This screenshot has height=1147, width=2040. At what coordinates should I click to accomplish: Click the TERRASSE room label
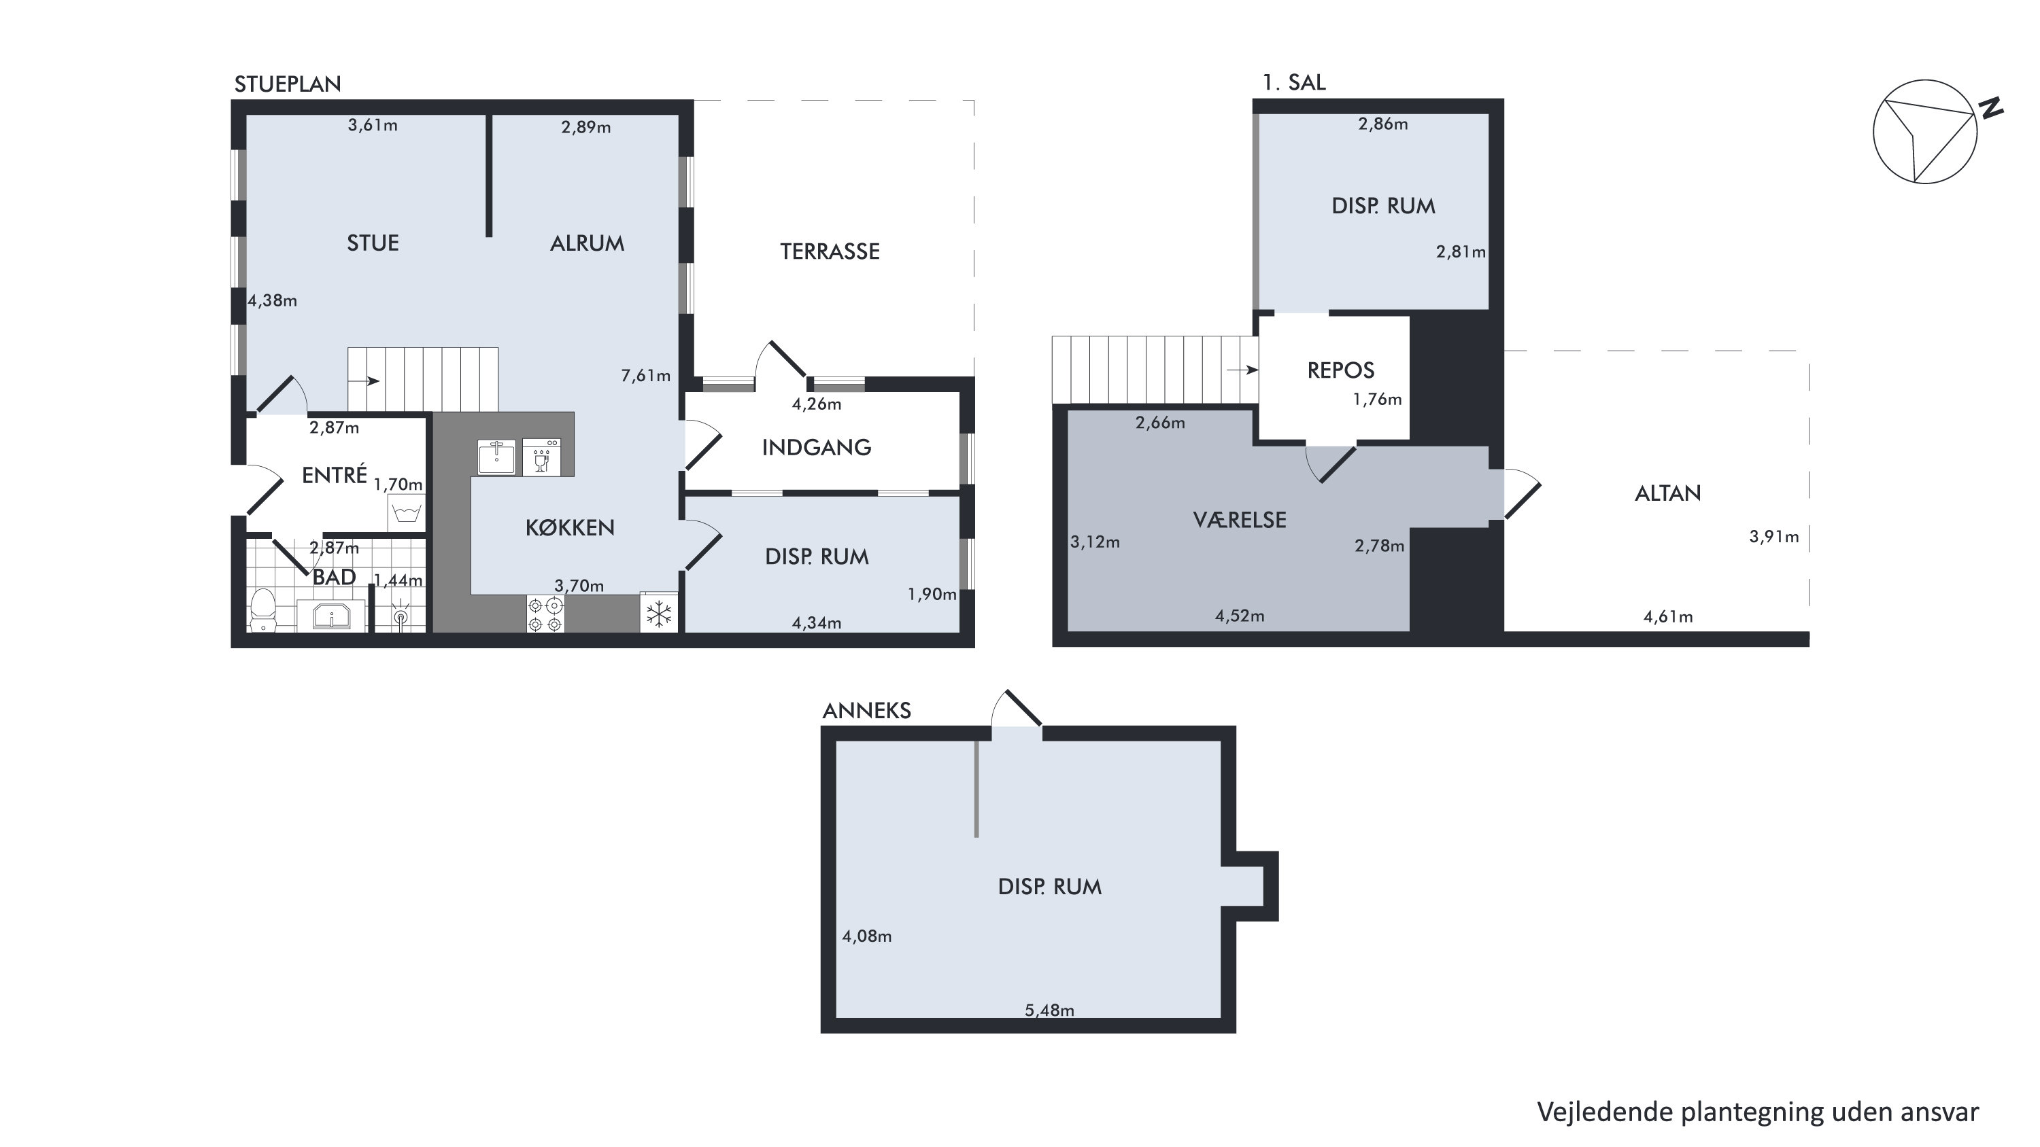pyautogui.click(x=829, y=251)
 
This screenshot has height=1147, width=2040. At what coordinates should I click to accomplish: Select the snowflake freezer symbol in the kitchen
pyautogui.click(x=659, y=614)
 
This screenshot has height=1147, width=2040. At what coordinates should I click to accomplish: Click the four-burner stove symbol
pyautogui.click(x=545, y=614)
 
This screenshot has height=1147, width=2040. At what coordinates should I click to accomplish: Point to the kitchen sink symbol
pyautogui.click(x=496, y=457)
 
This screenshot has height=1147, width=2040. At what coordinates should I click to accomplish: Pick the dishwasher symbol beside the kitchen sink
pyautogui.click(x=542, y=457)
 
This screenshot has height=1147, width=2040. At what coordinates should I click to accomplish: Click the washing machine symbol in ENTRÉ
pyautogui.click(x=406, y=513)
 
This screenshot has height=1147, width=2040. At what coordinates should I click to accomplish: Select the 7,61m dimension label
pyautogui.click(x=645, y=376)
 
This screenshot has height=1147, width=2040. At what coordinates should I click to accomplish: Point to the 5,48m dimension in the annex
pyautogui.click(x=1049, y=1010)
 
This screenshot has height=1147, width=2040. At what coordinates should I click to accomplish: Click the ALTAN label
pyautogui.click(x=1668, y=494)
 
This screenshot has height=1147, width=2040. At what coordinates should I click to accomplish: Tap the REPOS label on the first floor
pyautogui.click(x=1341, y=370)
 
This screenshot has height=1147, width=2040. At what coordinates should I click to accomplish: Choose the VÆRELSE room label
pyautogui.click(x=1240, y=520)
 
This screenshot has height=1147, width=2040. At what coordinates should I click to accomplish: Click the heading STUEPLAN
pyautogui.click(x=288, y=84)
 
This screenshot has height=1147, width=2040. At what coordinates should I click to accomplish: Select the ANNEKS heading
pyautogui.click(x=866, y=711)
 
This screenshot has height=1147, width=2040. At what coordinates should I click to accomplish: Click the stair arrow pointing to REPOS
pyautogui.click(x=1242, y=370)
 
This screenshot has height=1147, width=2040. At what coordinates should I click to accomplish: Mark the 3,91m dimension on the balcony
pyautogui.click(x=1774, y=537)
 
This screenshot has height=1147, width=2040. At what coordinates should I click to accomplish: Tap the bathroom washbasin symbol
pyautogui.click(x=331, y=615)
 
